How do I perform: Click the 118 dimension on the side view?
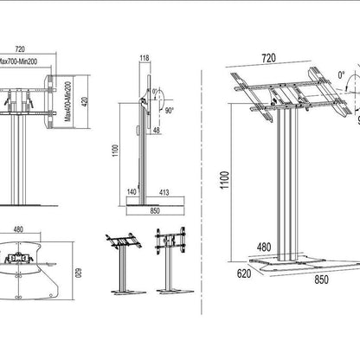tap(145, 59)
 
